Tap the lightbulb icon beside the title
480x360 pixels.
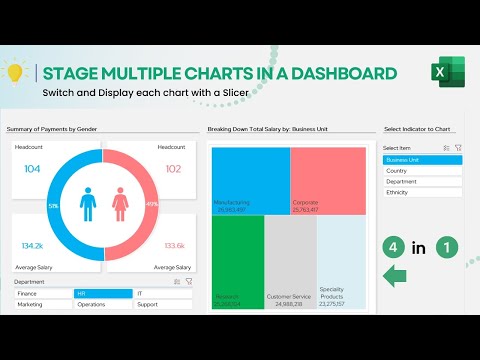tap(15, 73)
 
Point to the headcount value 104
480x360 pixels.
tap(32, 169)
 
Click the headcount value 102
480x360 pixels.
tap(172, 169)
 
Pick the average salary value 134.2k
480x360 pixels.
tap(32, 245)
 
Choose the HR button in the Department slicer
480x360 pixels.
tap(102, 294)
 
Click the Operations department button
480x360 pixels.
tap(102, 304)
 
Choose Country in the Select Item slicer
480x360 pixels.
tap(422, 171)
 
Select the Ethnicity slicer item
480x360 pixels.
tap(422, 192)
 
